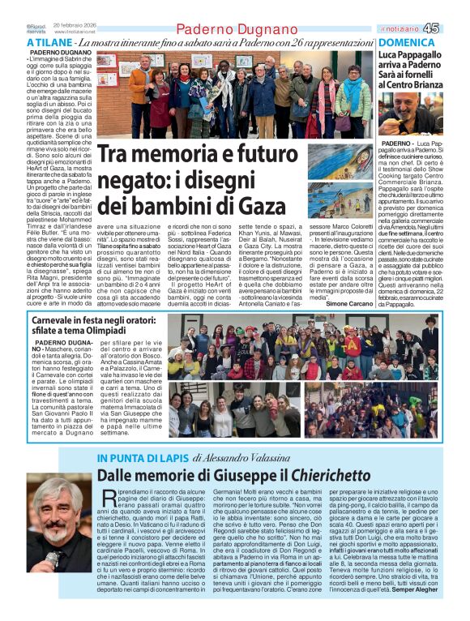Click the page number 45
[x=454, y=28]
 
